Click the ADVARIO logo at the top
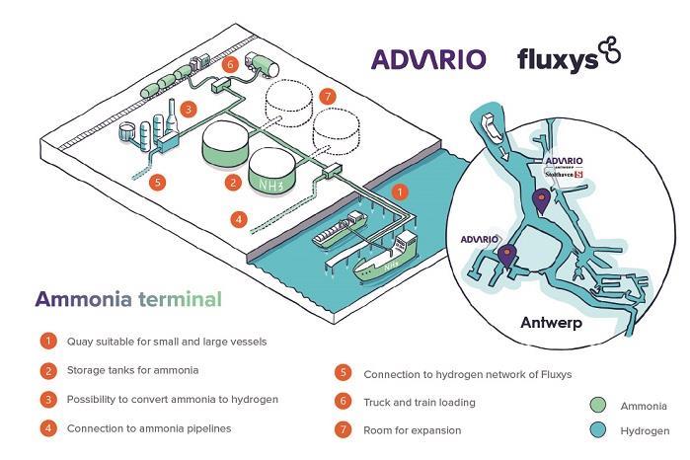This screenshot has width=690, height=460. (428, 58)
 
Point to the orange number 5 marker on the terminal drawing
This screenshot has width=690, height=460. (155, 181)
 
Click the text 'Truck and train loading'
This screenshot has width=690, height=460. (420, 403)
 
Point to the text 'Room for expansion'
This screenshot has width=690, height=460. (413, 430)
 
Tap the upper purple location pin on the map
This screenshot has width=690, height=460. (540, 201)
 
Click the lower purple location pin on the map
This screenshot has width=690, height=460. (507, 255)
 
